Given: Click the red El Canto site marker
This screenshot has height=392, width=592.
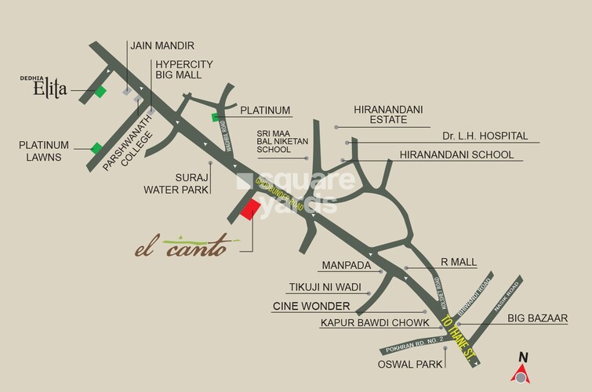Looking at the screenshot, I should pos(250,210).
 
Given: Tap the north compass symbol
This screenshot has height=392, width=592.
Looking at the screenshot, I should pos(522,370).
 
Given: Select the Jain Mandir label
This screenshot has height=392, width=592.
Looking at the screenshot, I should pos(162,46).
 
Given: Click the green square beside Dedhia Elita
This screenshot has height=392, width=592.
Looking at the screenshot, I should pos(100,92).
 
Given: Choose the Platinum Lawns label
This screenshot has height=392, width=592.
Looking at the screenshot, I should pos(45,151).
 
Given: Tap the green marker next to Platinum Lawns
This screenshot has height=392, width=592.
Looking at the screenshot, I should pos(96,148).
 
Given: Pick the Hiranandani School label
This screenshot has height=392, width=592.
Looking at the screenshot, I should pos(456,154).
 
